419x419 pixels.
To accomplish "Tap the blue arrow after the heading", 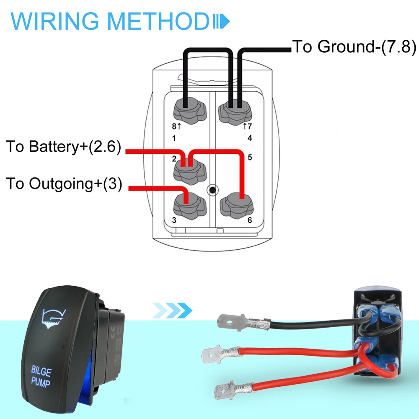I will pyautogui.click(x=222, y=21).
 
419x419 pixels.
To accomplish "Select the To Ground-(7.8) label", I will pyautogui.click(x=354, y=47).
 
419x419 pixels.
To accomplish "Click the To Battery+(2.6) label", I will pyautogui.click(x=63, y=147).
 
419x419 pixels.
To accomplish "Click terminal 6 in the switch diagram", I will pyautogui.click(x=236, y=205).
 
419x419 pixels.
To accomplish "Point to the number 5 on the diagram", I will pyautogui.click(x=250, y=158).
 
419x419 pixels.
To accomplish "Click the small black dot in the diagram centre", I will pyautogui.click(x=213, y=191).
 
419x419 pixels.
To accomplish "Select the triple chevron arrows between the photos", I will pyautogui.click(x=172, y=310).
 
